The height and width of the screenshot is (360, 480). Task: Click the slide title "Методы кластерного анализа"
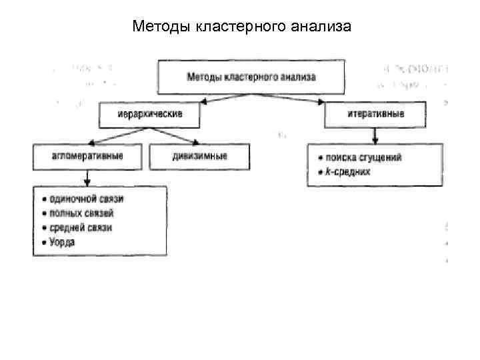click(x=241, y=27)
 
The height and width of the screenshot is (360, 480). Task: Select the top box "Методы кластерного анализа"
click(x=251, y=77)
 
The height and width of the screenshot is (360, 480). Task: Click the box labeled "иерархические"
click(x=150, y=115)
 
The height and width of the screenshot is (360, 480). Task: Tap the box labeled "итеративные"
click(x=375, y=115)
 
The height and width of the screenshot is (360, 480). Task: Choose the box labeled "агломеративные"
click(x=87, y=157)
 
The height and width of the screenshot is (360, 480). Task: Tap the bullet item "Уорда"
click(x=62, y=242)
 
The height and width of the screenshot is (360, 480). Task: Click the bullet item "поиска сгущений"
click(x=364, y=158)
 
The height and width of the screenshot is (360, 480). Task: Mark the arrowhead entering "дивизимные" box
click(x=195, y=142)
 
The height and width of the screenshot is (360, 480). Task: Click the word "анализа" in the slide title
click(x=320, y=27)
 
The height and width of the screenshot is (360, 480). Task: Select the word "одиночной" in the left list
click(x=70, y=199)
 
